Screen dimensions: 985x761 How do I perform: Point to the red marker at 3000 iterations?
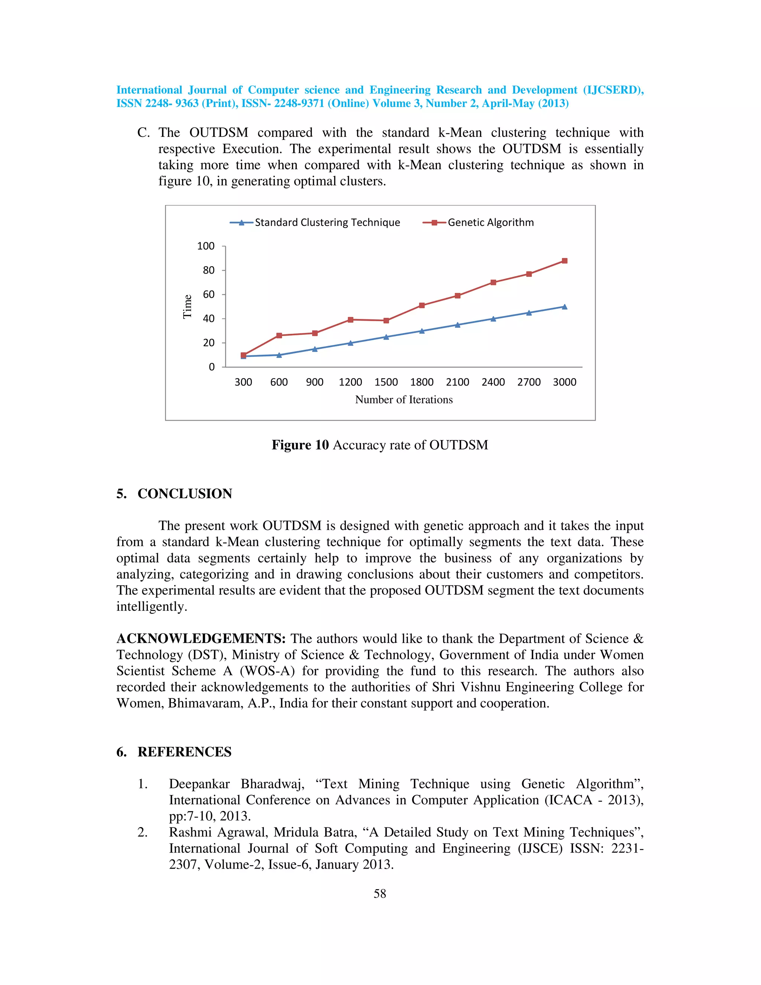pos(564,261)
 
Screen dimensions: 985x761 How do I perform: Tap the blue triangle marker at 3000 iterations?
pos(564,307)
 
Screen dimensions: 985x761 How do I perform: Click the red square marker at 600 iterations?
pos(279,335)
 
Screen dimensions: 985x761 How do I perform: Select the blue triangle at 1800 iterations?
pos(422,331)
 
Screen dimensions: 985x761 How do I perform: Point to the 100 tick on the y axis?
pos(205,246)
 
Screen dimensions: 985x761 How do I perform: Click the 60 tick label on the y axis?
pos(208,294)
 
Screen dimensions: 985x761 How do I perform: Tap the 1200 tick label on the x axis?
pos(350,382)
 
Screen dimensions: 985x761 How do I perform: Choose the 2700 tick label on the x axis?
pos(529,382)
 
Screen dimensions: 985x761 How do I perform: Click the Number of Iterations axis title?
pos(404,400)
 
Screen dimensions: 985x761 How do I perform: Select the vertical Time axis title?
pos(188,307)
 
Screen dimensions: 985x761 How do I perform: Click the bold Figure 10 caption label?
pos(300,445)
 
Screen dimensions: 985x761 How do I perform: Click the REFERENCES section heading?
pos(184,752)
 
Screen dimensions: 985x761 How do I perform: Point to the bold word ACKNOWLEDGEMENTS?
pos(201,639)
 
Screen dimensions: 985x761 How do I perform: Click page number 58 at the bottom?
pos(380,894)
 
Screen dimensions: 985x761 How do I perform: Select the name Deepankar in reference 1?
pos(199,784)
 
